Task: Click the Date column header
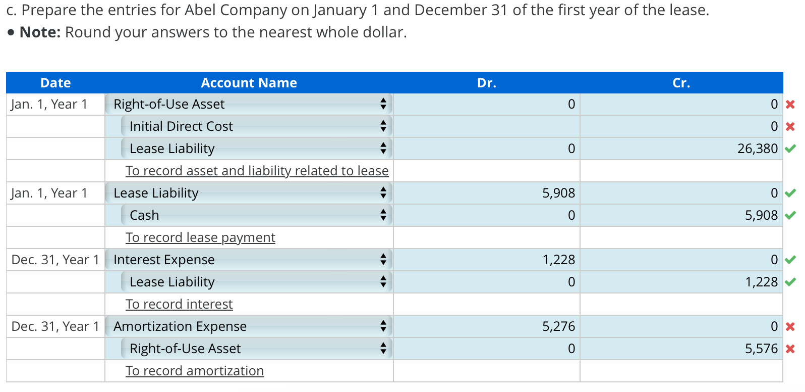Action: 55,83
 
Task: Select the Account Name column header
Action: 249,83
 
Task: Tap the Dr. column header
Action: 486,83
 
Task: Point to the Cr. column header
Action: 681,83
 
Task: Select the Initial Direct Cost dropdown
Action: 256,126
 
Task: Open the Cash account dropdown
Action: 256,215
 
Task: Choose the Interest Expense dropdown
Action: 249,260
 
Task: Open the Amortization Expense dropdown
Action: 249,326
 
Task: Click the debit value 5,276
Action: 558,326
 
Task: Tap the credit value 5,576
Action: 761,349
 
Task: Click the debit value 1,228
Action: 558,260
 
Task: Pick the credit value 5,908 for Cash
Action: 761,215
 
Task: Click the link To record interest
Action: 179,304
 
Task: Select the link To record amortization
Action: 195,371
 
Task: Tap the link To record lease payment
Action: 200,237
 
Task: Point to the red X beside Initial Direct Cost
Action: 790,126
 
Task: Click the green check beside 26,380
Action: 790,149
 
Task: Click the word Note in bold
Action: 40,32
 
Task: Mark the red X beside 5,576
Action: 790,349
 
